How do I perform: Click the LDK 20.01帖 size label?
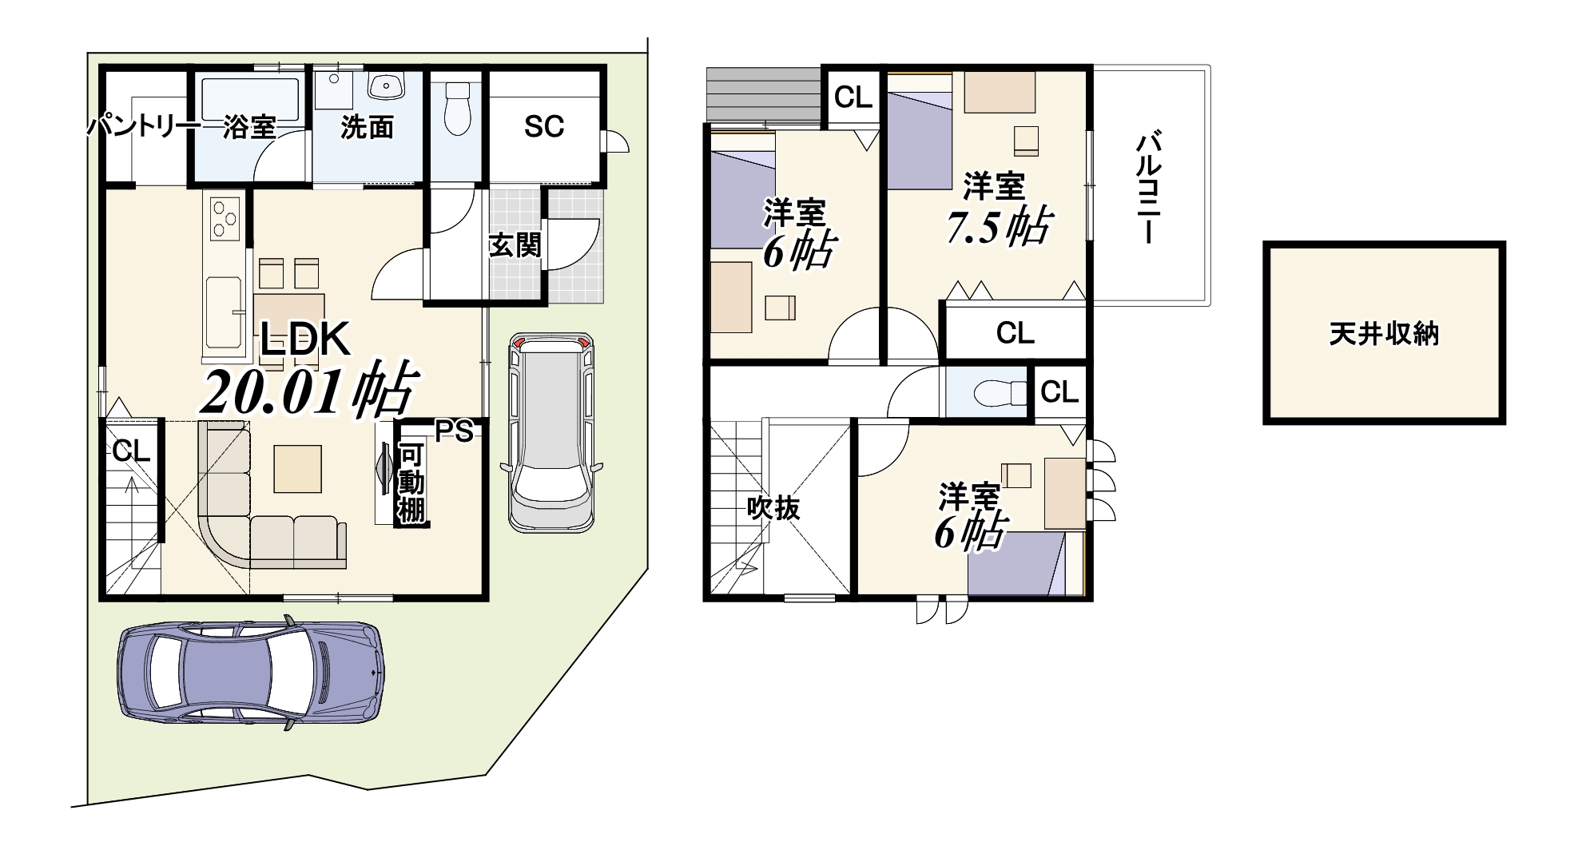coord(309,391)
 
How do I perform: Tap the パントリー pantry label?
coord(144,126)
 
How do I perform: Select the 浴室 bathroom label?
coord(249,127)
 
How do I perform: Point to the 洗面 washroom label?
coord(367,127)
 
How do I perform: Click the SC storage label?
coord(544,126)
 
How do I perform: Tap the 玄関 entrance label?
coord(515,245)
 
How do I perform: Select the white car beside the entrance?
coord(551,431)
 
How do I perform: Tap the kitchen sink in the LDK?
coord(225,312)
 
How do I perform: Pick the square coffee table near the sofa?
coord(298,469)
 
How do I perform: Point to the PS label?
coord(455,431)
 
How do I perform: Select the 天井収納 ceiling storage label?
coord(1384,333)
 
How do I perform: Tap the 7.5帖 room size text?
coord(998,227)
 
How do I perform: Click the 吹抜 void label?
coord(773,507)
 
